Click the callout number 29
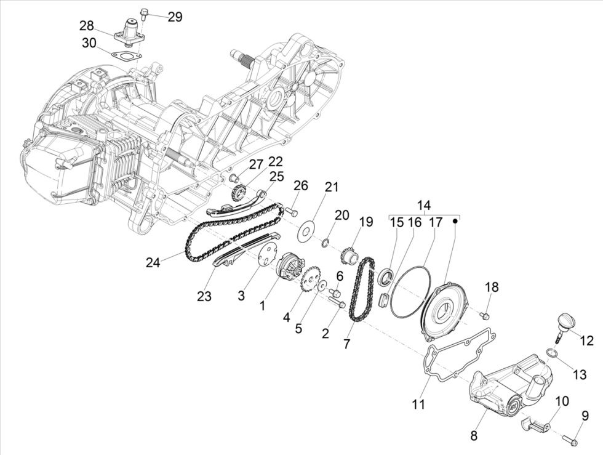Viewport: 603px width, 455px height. coord(175,17)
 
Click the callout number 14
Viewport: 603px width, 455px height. coord(424,206)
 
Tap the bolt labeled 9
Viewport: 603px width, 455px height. coord(569,440)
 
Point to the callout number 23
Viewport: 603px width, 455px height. coord(204,296)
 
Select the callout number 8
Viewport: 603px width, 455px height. coord(474,435)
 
